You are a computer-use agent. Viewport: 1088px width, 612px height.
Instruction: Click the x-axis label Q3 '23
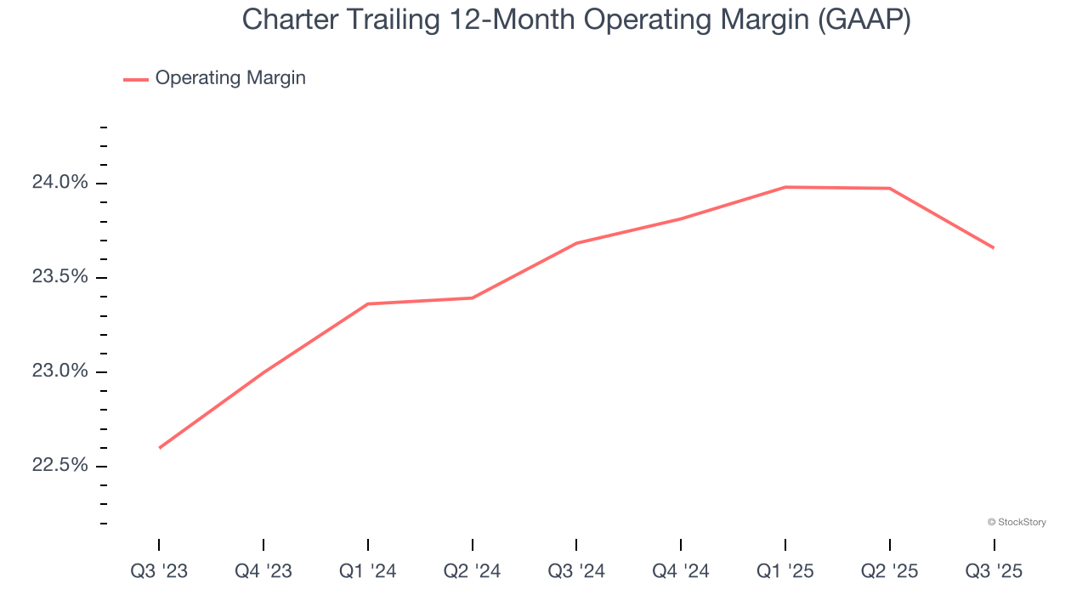coord(159,571)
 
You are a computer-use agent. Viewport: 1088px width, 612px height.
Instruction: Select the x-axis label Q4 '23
coord(263,571)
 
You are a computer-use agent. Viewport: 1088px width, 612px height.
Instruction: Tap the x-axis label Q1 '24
coord(367,571)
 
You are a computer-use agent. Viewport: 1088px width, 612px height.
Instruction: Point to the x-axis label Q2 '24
coord(472,571)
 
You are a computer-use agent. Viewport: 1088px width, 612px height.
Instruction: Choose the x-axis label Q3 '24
coord(576,571)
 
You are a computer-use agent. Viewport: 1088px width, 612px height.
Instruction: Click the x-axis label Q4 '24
coord(681,571)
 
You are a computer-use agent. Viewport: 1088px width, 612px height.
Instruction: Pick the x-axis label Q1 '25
coord(785,571)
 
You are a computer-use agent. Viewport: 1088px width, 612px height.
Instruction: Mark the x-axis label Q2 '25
coord(889,571)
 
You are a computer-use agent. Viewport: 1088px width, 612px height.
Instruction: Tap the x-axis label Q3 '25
coord(994,571)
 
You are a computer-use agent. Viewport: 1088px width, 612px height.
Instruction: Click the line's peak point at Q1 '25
coord(785,187)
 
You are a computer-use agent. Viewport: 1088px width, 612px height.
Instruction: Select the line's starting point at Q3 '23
coord(160,448)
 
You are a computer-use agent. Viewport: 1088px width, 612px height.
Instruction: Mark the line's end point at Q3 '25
coord(994,248)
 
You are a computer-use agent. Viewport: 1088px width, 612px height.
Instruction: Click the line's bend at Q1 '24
coord(367,303)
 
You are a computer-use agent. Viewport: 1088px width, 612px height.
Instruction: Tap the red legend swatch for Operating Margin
coord(136,79)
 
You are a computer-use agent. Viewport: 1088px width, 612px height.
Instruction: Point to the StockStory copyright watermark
coord(1017,522)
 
